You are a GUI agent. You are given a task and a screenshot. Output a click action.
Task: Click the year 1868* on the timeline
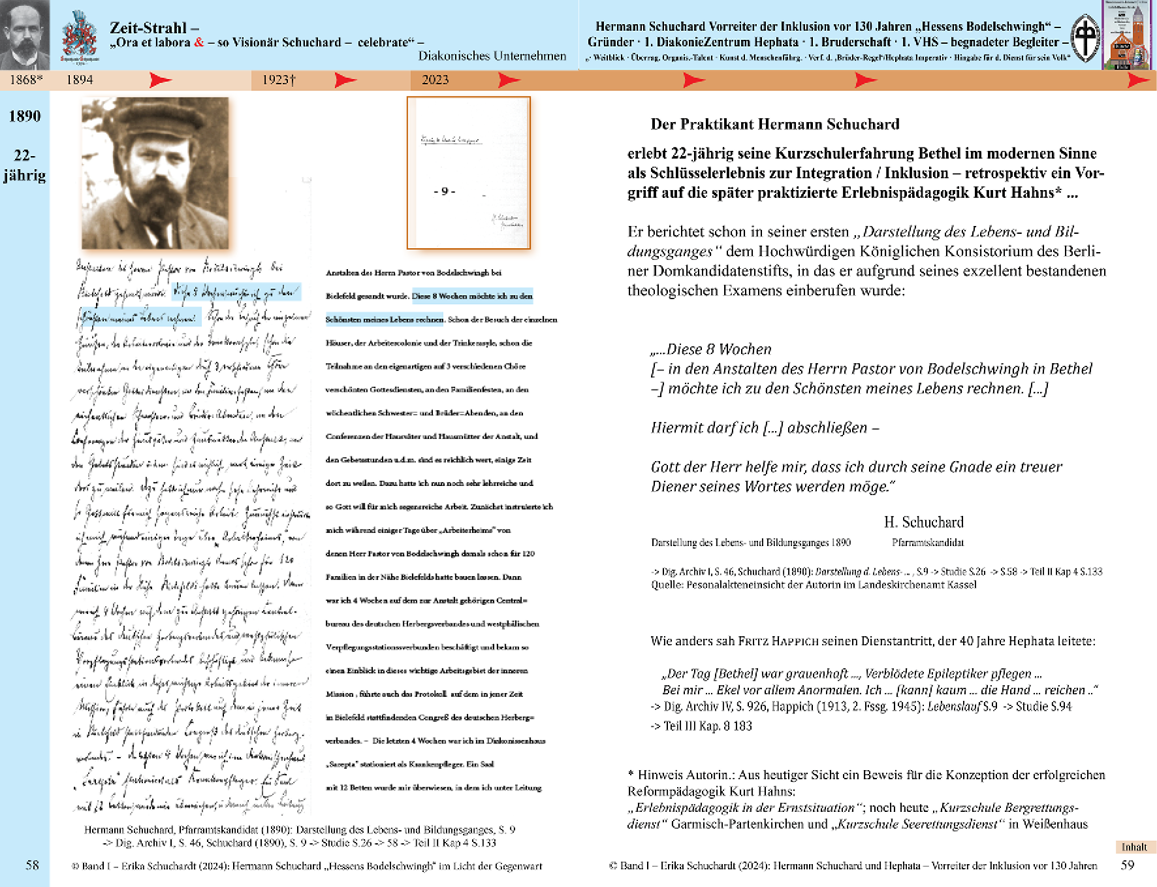pyautogui.click(x=26, y=80)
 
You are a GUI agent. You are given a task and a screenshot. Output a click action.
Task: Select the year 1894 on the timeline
pyautogui.click(x=80, y=80)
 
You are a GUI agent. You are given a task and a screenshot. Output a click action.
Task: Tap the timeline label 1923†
pyautogui.click(x=279, y=80)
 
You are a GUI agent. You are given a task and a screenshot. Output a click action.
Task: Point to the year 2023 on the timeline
pyautogui.click(x=435, y=80)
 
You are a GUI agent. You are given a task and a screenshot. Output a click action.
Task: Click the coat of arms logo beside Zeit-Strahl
pyautogui.click(x=80, y=36)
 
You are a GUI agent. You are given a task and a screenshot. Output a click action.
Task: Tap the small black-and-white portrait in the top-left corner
pyautogui.click(x=25, y=34)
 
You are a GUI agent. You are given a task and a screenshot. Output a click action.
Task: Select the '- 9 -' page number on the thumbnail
pyautogui.click(x=444, y=191)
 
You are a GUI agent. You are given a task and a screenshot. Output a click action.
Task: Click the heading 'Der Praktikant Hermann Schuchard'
pyautogui.click(x=774, y=124)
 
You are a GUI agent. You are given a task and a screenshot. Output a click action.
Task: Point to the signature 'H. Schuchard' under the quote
pyautogui.click(x=923, y=522)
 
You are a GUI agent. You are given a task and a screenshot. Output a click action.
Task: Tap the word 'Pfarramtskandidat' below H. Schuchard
pyautogui.click(x=927, y=542)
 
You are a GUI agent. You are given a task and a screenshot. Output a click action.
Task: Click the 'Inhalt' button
pyautogui.click(x=1134, y=847)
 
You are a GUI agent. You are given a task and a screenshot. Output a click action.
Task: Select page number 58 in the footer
pyautogui.click(x=32, y=865)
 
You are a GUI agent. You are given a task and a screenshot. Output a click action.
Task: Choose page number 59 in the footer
pyautogui.click(x=1128, y=865)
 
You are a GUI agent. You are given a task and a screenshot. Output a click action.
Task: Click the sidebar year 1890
pyautogui.click(x=25, y=116)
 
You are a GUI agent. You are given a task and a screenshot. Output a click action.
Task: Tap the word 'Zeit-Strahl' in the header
pyautogui.click(x=149, y=27)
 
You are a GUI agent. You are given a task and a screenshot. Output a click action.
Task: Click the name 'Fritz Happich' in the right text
pyautogui.click(x=778, y=641)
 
